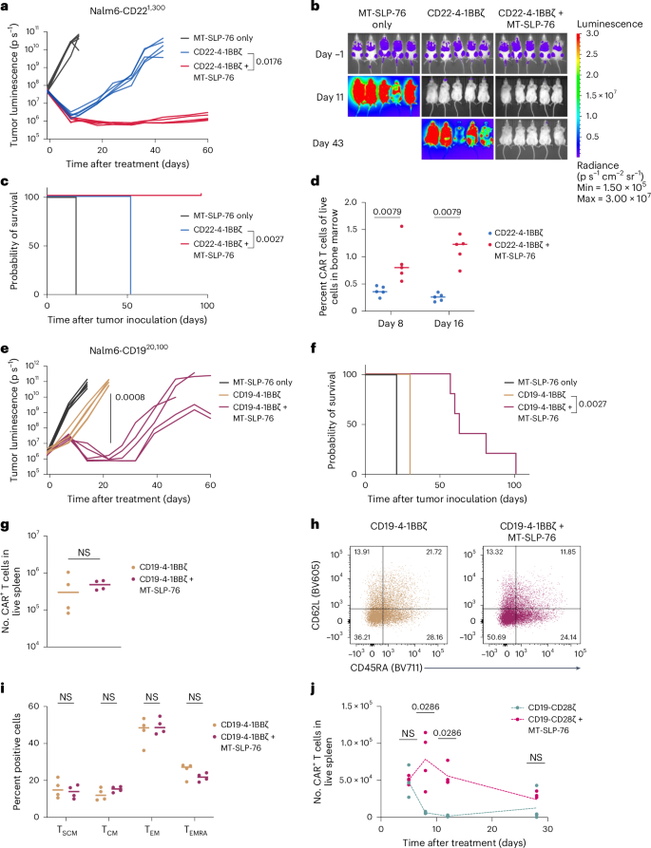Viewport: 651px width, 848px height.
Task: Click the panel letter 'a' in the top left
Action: coord(6,8)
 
